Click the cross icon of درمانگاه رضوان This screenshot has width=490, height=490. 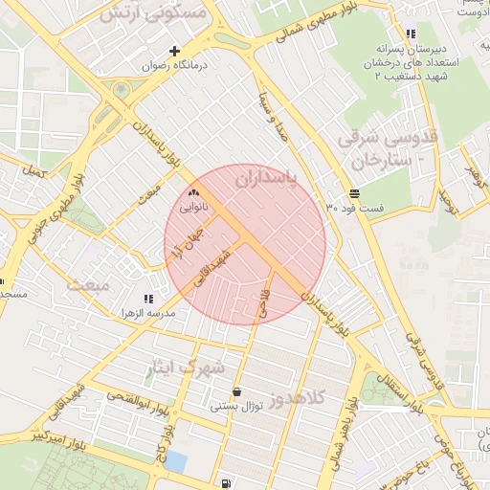pos(174,51)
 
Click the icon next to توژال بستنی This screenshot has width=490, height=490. pos(236,391)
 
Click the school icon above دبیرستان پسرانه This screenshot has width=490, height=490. pos(411,34)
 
